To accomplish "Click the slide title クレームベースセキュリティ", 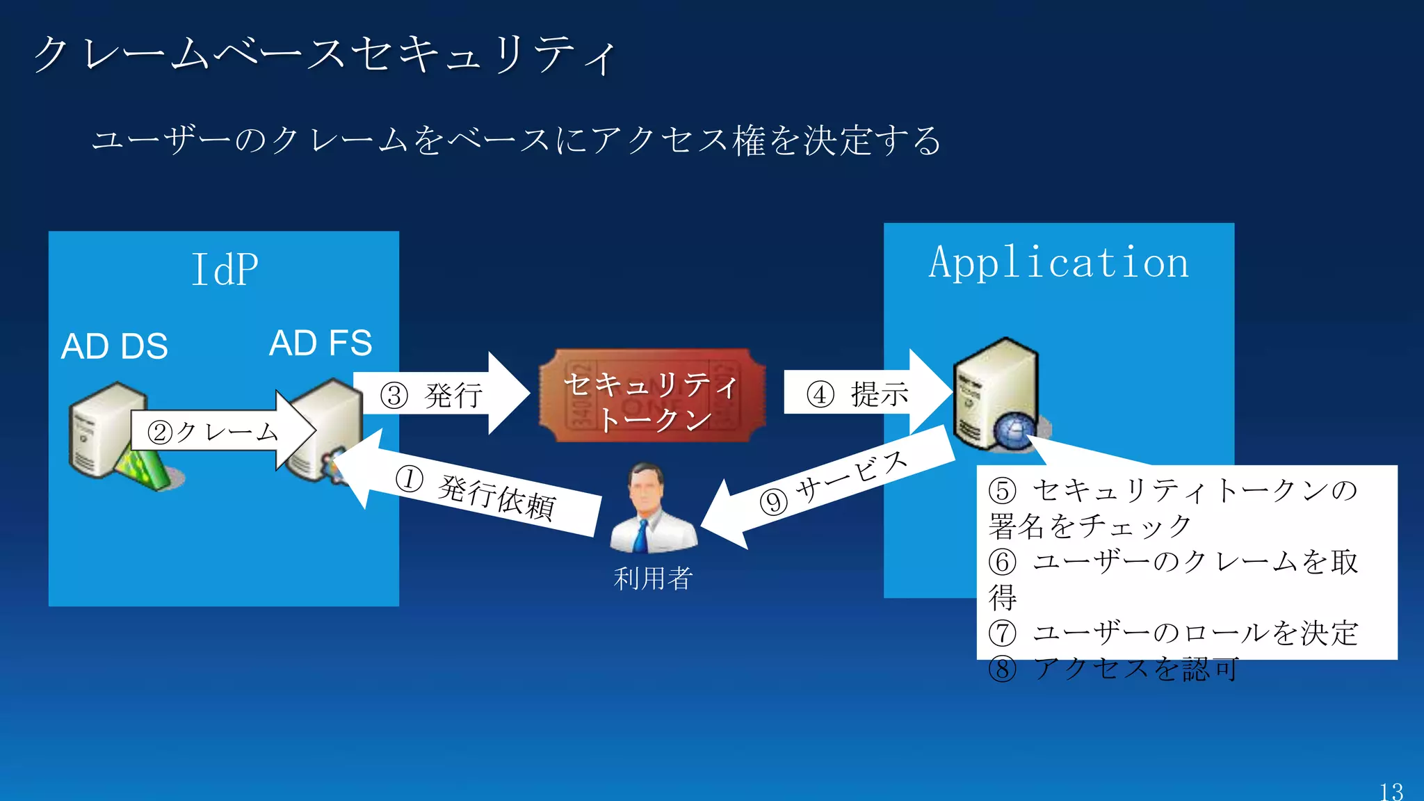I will click(324, 54).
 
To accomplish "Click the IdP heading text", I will click(225, 270).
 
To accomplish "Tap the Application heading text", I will click(1058, 263).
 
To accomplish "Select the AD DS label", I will click(115, 346).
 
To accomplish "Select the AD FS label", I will click(321, 343).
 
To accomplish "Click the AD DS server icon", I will click(108, 431).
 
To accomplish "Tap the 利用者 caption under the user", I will click(652, 578).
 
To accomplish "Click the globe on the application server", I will click(1015, 432).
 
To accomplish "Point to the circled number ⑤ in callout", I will click(1002, 490).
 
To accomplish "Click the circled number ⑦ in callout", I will click(1002, 633).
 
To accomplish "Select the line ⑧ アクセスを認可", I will click(1113, 669).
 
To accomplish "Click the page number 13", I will click(1391, 791).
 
